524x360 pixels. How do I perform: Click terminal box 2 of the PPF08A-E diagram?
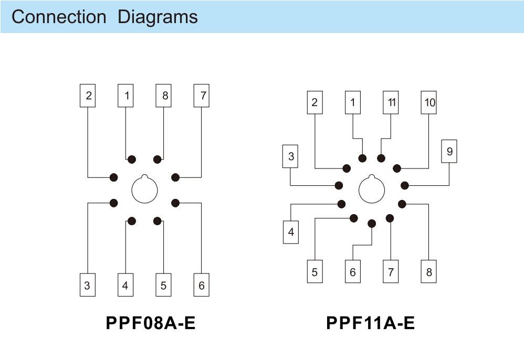[88, 96]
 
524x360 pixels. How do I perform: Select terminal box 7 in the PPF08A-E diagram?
[202, 96]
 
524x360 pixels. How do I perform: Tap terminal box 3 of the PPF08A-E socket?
[87, 285]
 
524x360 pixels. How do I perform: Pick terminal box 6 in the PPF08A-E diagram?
[202, 285]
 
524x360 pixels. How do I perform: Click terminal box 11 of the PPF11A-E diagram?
[391, 102]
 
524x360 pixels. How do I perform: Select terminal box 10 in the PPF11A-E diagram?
[429, 102]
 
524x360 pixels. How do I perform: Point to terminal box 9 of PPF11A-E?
[449, 152]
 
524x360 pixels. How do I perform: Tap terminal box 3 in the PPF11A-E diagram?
[291, 156]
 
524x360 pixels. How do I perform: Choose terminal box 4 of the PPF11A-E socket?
[291, 232]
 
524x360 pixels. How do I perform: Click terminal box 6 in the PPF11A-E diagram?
[353, 272]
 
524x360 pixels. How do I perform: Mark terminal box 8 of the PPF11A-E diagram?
[429, 272]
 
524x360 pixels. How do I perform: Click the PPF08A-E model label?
[151, 323]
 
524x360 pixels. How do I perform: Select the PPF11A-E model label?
[370, 323]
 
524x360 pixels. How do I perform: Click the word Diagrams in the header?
[158, 17]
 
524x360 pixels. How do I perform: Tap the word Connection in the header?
[59, 17]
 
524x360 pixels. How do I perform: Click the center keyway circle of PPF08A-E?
[145, 189]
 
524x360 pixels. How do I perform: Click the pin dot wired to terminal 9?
[405, 185]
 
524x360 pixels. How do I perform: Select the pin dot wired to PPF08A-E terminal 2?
[114, 177]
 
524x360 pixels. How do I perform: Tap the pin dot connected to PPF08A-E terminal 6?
[175, 203]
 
